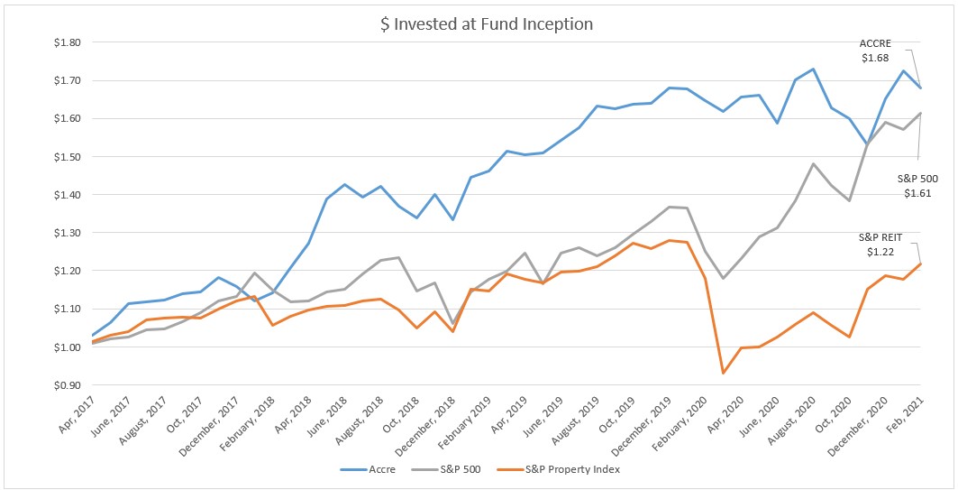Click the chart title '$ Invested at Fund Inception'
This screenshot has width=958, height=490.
coord(487,24)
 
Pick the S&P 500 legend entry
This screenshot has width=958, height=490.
coord(456,470)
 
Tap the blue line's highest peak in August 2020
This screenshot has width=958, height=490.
coord(813,69)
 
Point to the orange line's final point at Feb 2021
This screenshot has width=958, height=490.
coord(920,263)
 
